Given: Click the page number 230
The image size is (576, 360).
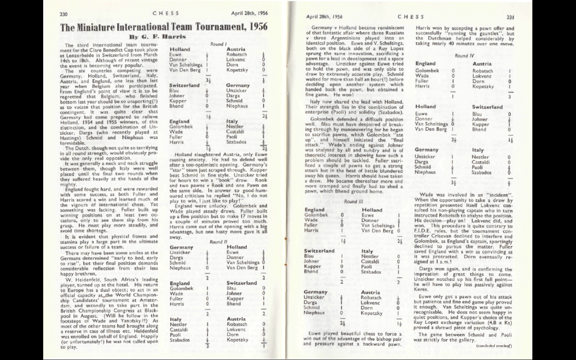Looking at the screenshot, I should click(63, 14).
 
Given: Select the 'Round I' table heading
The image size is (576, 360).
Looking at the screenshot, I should click(218, 44).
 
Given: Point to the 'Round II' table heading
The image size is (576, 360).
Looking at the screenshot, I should click(216, 242).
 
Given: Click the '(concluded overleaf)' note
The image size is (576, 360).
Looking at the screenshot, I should click(495, 345).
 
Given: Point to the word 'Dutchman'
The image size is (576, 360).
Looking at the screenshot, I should click(438, 38).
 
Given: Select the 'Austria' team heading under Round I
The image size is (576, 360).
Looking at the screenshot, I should click(236, 49).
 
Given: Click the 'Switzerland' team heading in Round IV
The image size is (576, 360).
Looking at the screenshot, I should click(487, 107).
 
